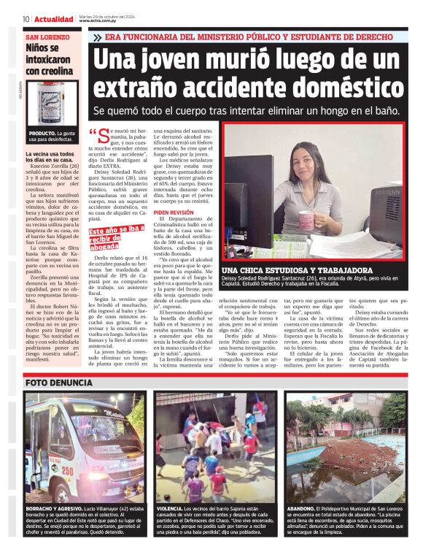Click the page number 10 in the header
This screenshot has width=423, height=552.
click(x=26, y=19)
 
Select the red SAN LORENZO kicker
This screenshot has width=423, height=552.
click(x=47, y=37)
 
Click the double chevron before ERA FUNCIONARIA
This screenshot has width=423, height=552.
click(x=97, y=37)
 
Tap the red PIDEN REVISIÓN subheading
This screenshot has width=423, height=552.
click(x=174, y=212)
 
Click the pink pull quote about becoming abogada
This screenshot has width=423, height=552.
click(x=115, y=238)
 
